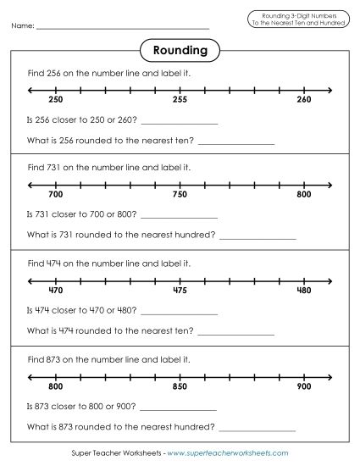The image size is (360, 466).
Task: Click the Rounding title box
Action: (x=180, y=50)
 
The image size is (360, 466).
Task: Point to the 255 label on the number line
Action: (x=180, y=100)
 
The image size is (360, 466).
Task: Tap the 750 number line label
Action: (x=180, y=195)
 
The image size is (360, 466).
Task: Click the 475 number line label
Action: (x=180, y=291)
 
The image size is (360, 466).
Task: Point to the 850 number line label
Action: (x=180, y=386)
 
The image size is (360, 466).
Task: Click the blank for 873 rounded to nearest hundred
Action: (x=258, y=429)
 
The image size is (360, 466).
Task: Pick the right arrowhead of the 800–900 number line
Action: (x=329, y=374)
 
